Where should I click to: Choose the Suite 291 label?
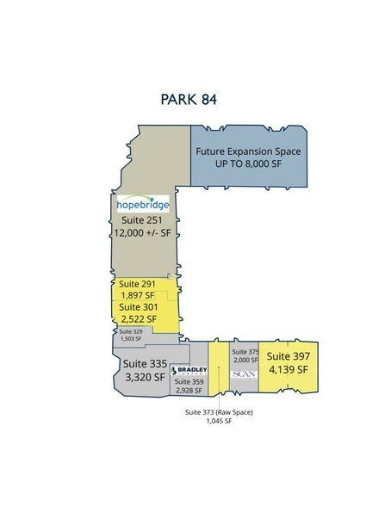coord(139,283)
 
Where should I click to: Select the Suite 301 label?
coord(139,306)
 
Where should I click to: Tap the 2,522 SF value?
coord(138,318)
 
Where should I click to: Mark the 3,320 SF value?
coord(140,378)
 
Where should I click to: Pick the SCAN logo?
coord(240,375)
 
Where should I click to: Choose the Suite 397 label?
coord(287,355)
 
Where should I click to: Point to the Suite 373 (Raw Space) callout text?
coord(221,413)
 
